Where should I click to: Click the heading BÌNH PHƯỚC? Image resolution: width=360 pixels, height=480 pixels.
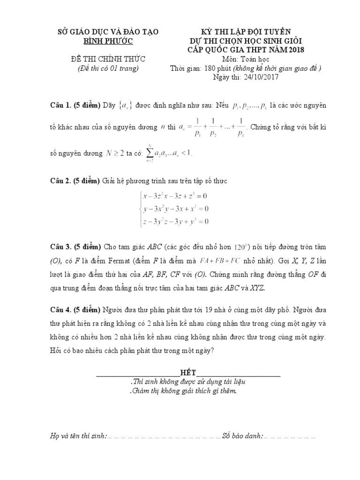108,41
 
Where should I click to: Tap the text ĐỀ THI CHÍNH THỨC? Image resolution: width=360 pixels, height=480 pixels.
108,59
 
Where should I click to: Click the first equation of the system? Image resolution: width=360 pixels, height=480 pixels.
175,195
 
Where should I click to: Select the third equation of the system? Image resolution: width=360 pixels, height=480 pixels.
175,221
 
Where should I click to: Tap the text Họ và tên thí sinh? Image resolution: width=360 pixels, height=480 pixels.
78,436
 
